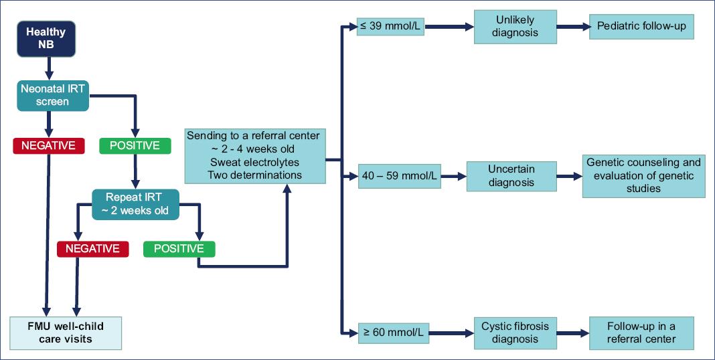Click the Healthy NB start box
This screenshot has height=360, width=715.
pyautogui.click(x=47, y=38)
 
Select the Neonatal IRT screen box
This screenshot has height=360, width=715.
pyautogui.click(x=53, y=96)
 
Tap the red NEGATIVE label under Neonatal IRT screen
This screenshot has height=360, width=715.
pyautogui.click(x=49, y=145)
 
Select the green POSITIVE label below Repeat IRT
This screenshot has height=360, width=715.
pyautogui.click(x=179, y=248)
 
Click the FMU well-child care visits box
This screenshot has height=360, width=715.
pyautogui.click(x=66, y=333)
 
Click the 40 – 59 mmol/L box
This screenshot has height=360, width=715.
pyautogui.click(x=398, y=177)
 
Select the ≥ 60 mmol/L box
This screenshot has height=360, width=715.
pyautogui.click(x=393, y=331)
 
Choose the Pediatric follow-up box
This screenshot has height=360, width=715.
pyautogui.click(x=641, y=27)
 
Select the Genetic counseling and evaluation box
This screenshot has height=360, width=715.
pyautogui.click(x=643, y=175)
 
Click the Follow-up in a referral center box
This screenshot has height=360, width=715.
pyautogui.click(x=641, y=332)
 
